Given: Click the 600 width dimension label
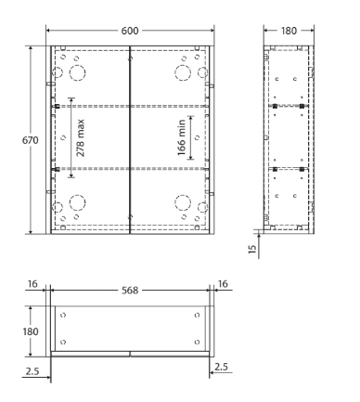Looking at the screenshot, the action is [130, 31].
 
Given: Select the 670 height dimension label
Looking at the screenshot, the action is [31, 140].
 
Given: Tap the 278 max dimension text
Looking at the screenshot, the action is [80, 138].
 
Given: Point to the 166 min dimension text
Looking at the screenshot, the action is [182, 137].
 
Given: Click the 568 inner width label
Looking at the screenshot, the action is [130, 291].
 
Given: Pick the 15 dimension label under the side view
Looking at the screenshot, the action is [252, 249].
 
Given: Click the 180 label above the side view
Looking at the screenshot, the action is [289, 31].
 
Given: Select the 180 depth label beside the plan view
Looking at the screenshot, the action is [31, 331].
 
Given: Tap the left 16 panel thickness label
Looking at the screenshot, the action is [32, 284].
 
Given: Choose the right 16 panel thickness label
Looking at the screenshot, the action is [223, 284].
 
